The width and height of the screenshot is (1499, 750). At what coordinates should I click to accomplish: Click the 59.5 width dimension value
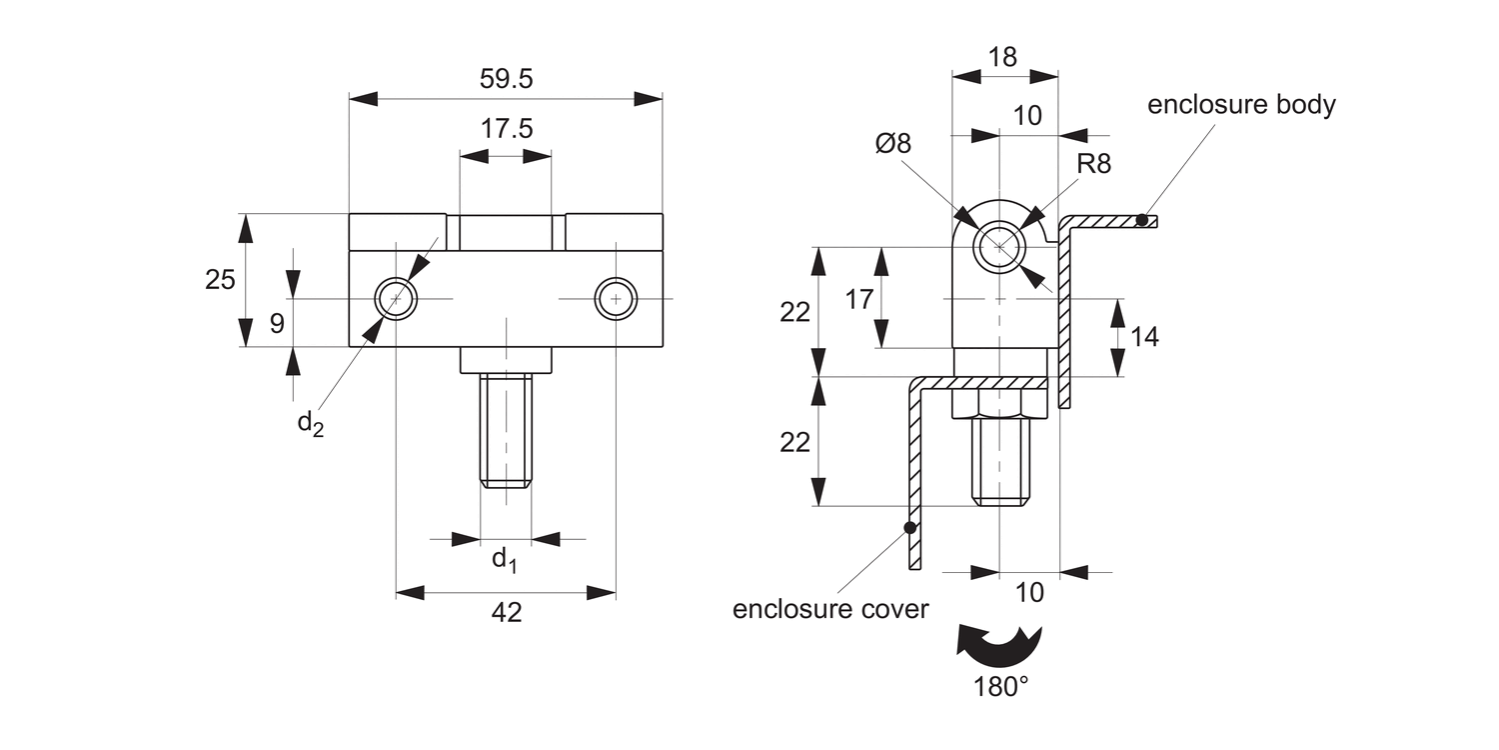[x=506, y=79]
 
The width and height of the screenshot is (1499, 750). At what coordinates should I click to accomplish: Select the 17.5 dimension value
[x=507, y=129]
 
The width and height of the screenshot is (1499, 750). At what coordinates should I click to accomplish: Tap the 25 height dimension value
[x=220, y=280]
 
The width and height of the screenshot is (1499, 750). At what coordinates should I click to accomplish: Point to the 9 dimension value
[x=277, y=324]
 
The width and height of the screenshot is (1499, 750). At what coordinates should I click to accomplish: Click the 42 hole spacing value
[x=506, y=613]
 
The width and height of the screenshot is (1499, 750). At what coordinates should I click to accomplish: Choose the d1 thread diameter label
[x=505, y=560]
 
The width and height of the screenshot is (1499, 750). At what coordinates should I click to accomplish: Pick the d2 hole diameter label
[x=311, y=424]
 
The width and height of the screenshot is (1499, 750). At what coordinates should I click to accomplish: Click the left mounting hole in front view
[x=396, y=299]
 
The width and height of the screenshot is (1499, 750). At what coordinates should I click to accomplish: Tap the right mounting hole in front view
[x=617, y=299]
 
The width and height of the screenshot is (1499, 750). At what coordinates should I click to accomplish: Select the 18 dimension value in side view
[x=1002, y=58]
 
